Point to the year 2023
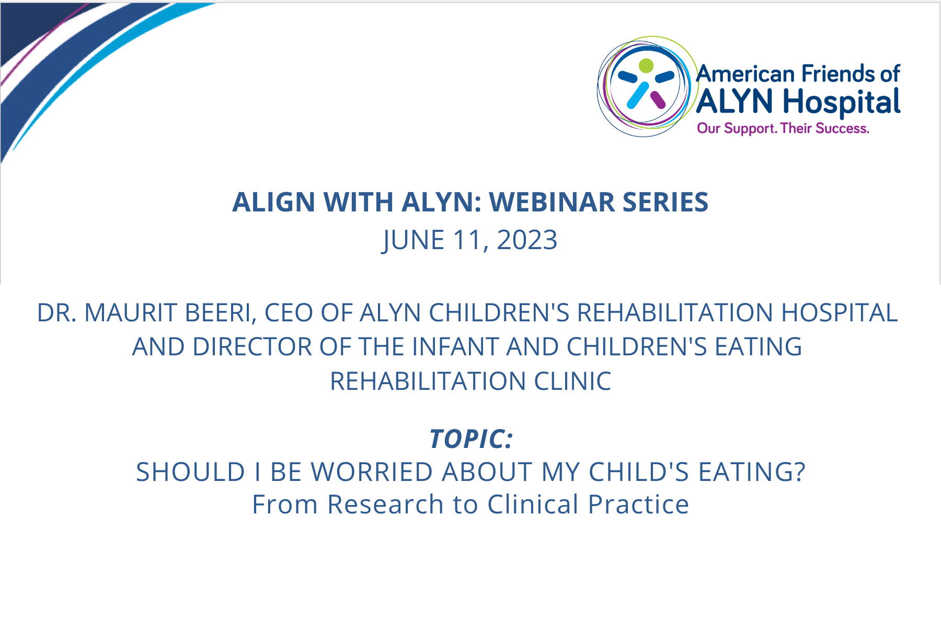click(x=527, y=240)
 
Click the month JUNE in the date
click(x=414, y=241)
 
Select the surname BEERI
click(x=220, y=313)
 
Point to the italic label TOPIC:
click(x=471, y=439)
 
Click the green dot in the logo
click(x=646, y=65)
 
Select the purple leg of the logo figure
click(x=658, y=99)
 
